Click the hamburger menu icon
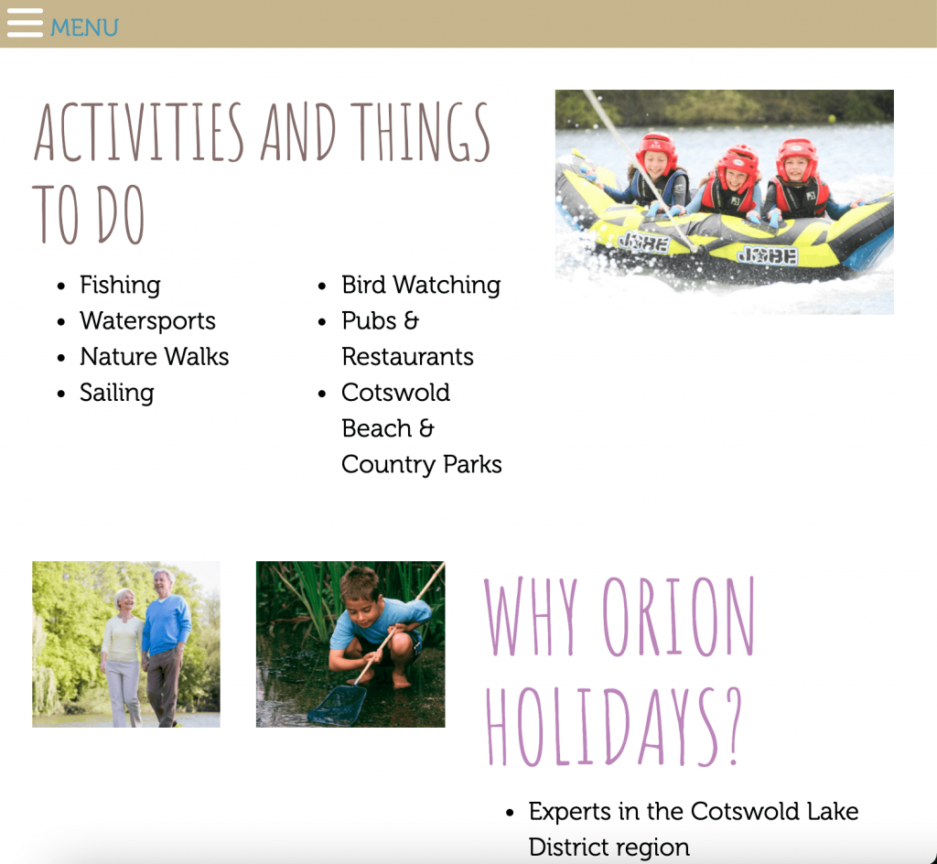tap(25, 23)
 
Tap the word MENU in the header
tap(84, 27)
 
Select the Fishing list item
tap(120, 285)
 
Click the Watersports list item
tap(147, 321)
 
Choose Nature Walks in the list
tap(154, 357)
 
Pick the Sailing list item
tap(117, 393)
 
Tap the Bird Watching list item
tap(421, 285)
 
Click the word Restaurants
tap(407, 357)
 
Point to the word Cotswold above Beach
tap(395, 393)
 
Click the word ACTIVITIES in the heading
tap(139, 132)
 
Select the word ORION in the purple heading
tap(678, 617)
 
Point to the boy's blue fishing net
tap(338, 705)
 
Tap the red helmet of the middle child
tap(738, 161)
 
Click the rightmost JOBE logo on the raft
tap(768, 255)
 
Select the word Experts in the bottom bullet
tap(569, 812)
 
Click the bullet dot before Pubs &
tap(322, 322)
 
